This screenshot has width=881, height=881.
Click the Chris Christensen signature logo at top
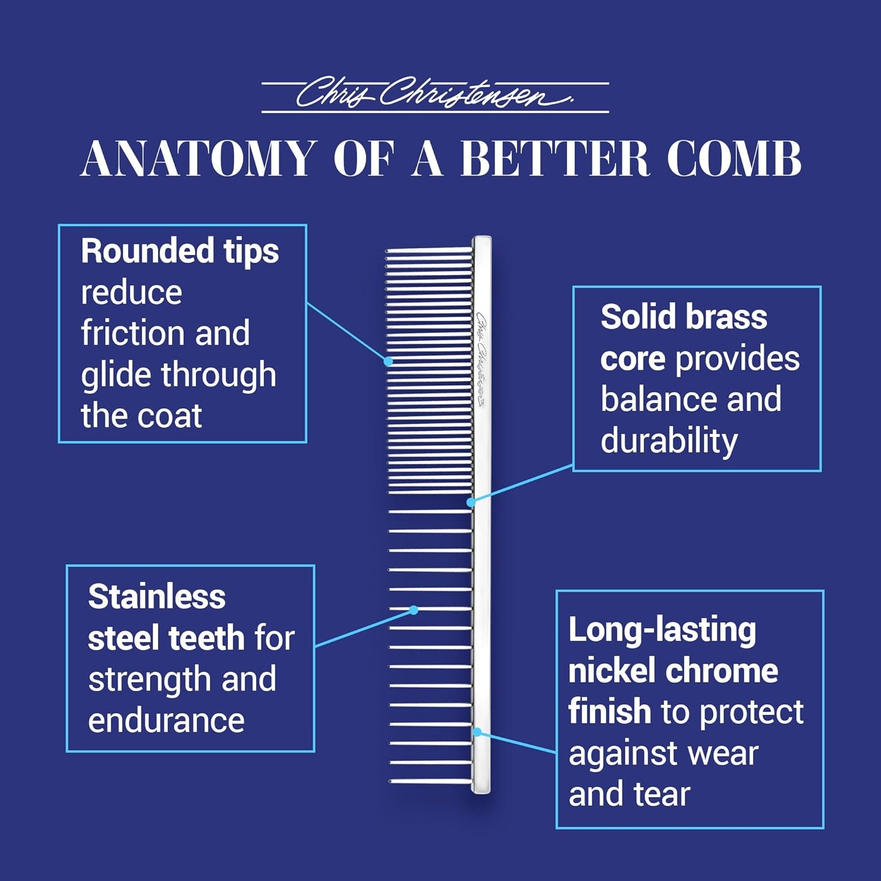[x=435, y=94]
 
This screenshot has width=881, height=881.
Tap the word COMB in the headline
[x=734, y=159]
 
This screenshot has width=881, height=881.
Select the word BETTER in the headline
[x=554, y=159]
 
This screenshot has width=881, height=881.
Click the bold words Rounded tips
[x=180, y=252]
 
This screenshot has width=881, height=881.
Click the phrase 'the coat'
[x=142, y=416]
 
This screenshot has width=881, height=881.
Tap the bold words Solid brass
[x=684, y=317]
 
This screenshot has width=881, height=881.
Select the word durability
[x=669, y=442]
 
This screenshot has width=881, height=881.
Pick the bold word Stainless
[x=157, y=597]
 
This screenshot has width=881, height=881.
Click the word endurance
[x=166, y=721]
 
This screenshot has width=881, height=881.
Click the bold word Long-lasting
[x=662, y=630]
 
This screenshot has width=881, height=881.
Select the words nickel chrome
[x=673, y=671]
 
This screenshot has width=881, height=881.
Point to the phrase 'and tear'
[x=629, y=794]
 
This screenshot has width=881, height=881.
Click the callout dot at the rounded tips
[x=388, y=361]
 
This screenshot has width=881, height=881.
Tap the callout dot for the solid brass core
[x=470, y=502]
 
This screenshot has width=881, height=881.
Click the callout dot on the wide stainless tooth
[x=413, y=610]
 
